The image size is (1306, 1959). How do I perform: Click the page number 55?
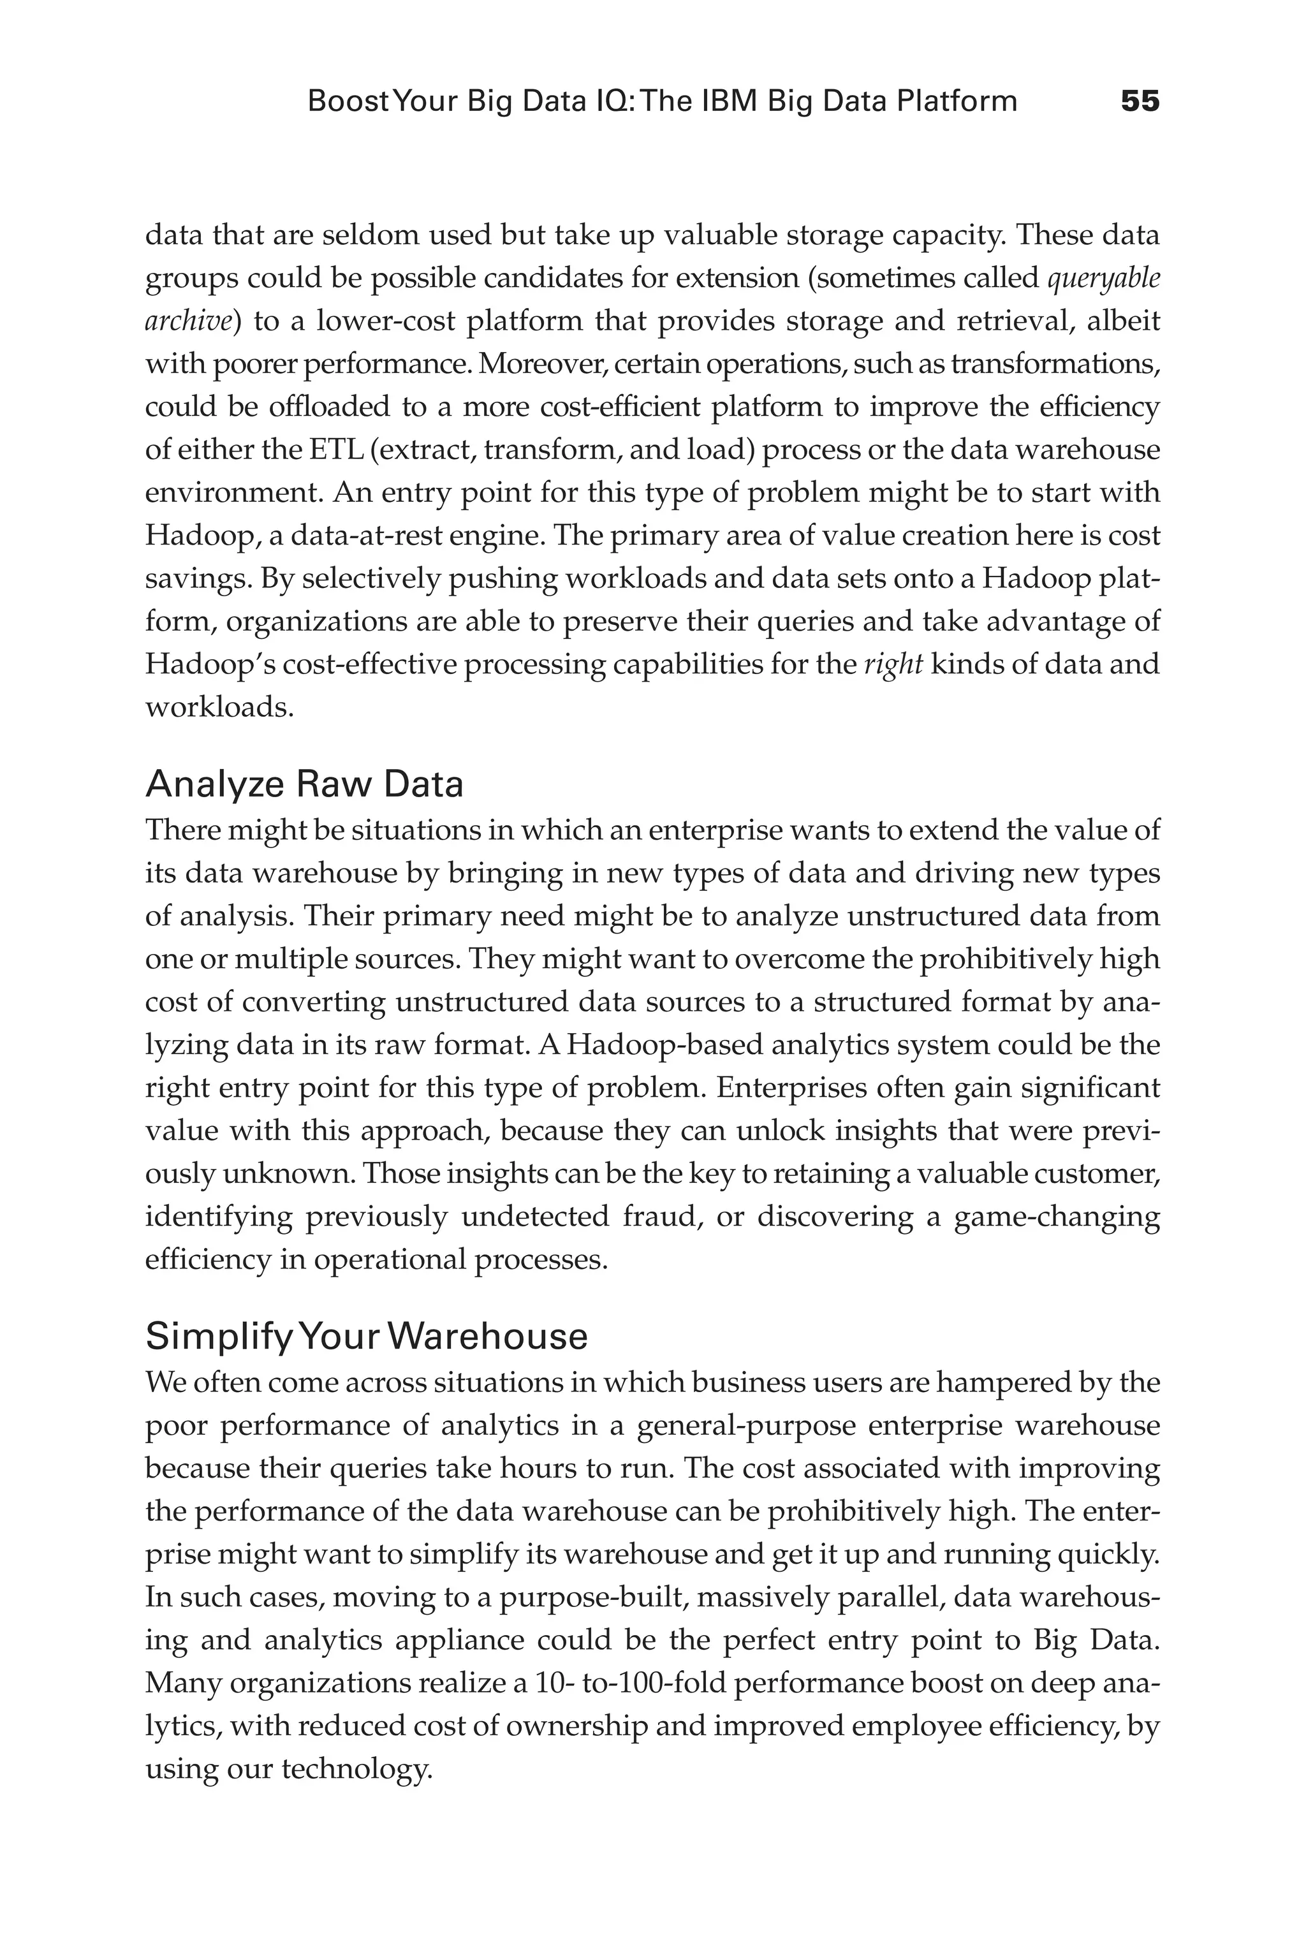(1140, 101)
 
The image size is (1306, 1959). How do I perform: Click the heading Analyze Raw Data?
(304, 784)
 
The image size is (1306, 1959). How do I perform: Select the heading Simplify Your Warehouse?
(367, 1337)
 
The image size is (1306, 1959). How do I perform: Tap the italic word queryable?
(1103, 278)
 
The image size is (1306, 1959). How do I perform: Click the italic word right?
(892, 664)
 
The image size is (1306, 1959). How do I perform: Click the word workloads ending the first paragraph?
(219, 708)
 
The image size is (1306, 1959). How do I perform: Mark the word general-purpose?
(745, 1425)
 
